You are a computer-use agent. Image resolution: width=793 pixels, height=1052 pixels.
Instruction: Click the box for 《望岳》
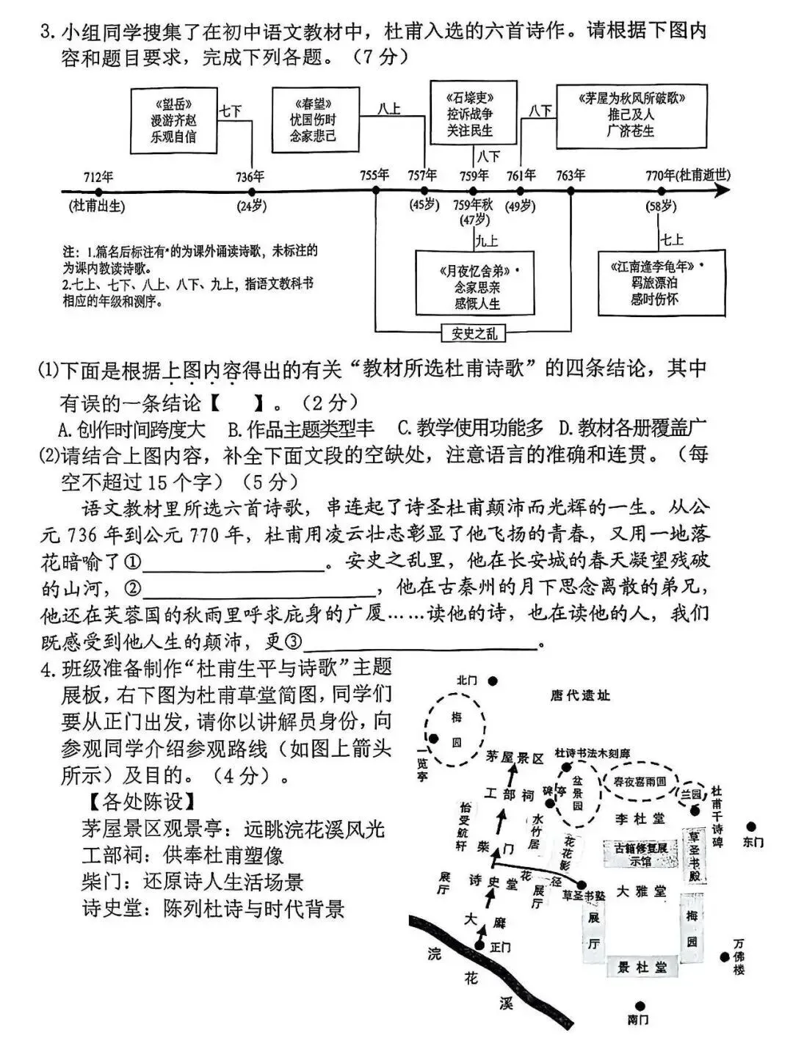click(174, 117)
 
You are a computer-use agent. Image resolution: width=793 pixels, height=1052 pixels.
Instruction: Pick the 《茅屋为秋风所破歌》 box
click(631, 114)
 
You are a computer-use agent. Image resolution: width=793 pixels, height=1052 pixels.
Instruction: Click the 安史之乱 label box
click(474, 333)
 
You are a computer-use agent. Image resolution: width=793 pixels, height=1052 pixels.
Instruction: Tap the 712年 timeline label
click(98, 176)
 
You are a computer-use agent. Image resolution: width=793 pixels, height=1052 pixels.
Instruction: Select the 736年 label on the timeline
click(250, 176)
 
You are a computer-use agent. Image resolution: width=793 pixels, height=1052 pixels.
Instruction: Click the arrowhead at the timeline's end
click(723, 190)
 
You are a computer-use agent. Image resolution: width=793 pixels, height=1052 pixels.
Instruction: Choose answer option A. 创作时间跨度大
click(132, 428)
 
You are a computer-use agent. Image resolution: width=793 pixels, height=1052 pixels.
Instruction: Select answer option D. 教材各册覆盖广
click(632, 428)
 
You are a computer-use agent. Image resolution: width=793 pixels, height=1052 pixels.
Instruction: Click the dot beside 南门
click(640, 1006)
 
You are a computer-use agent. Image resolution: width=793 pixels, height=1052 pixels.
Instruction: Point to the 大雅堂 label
click(641, 892)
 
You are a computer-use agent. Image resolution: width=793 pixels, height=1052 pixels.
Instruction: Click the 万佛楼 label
click(739, 957)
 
